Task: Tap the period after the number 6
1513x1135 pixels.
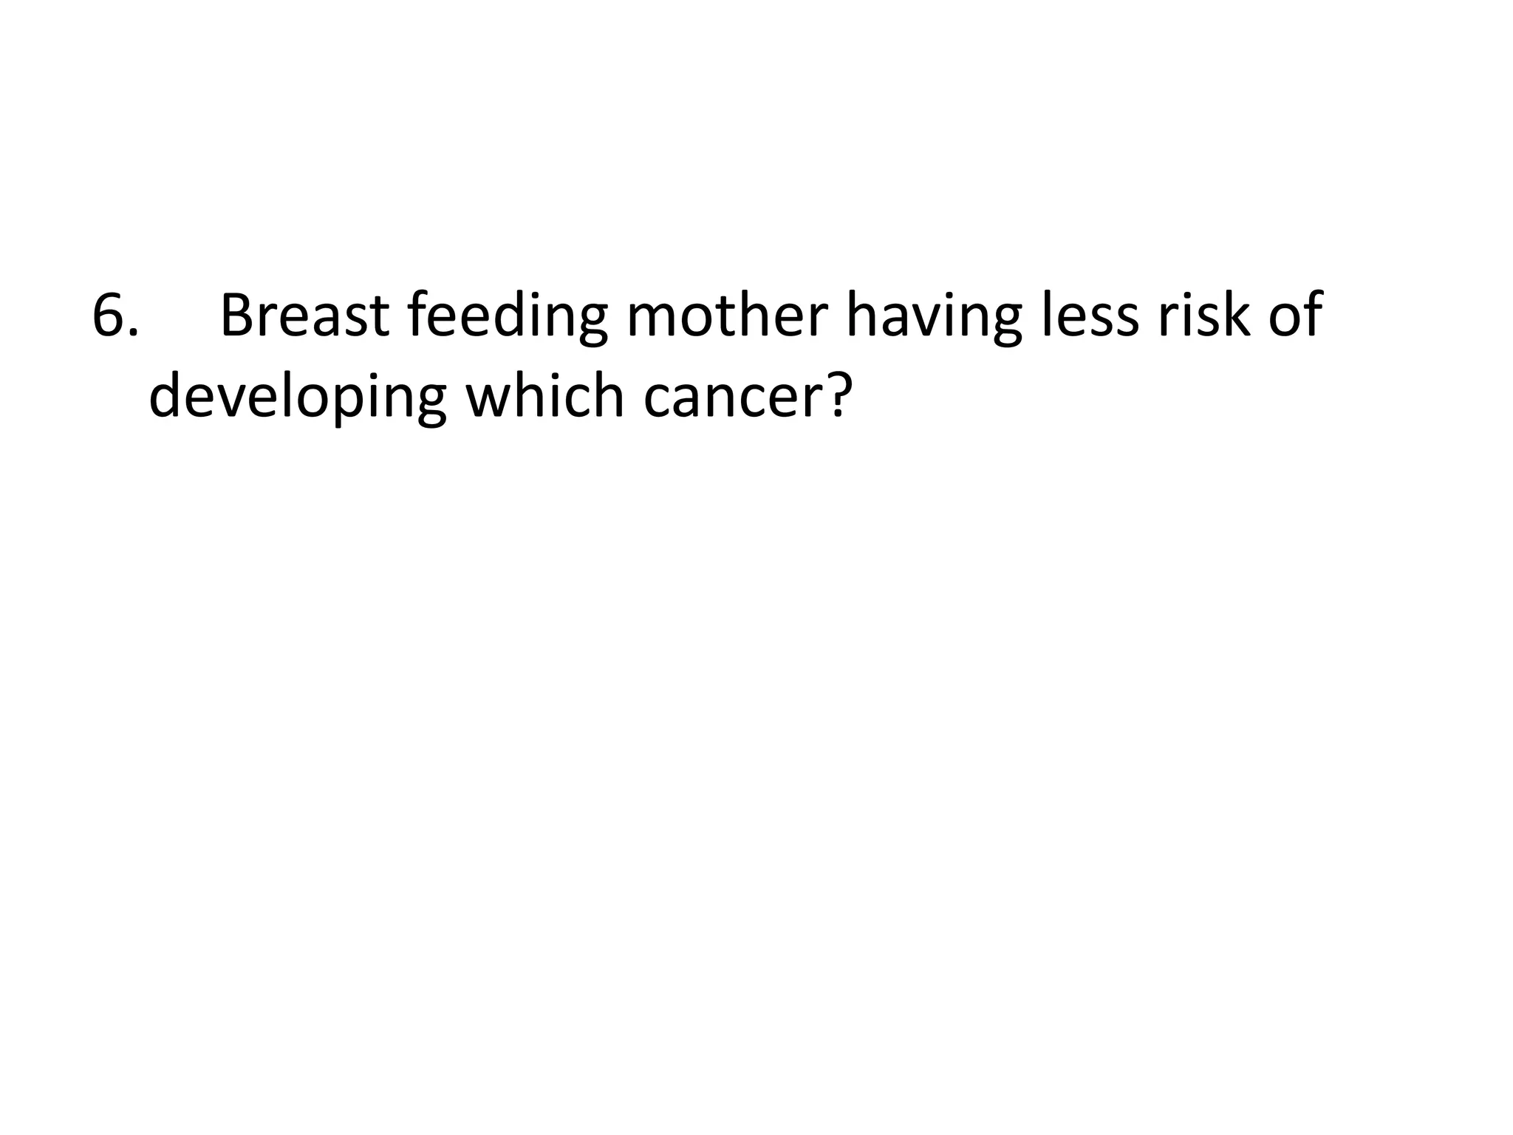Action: point(133,333)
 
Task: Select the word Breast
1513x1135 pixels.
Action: point(304,316)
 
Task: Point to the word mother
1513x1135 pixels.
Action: point(727,316)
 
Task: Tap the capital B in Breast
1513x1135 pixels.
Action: point(238,316)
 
